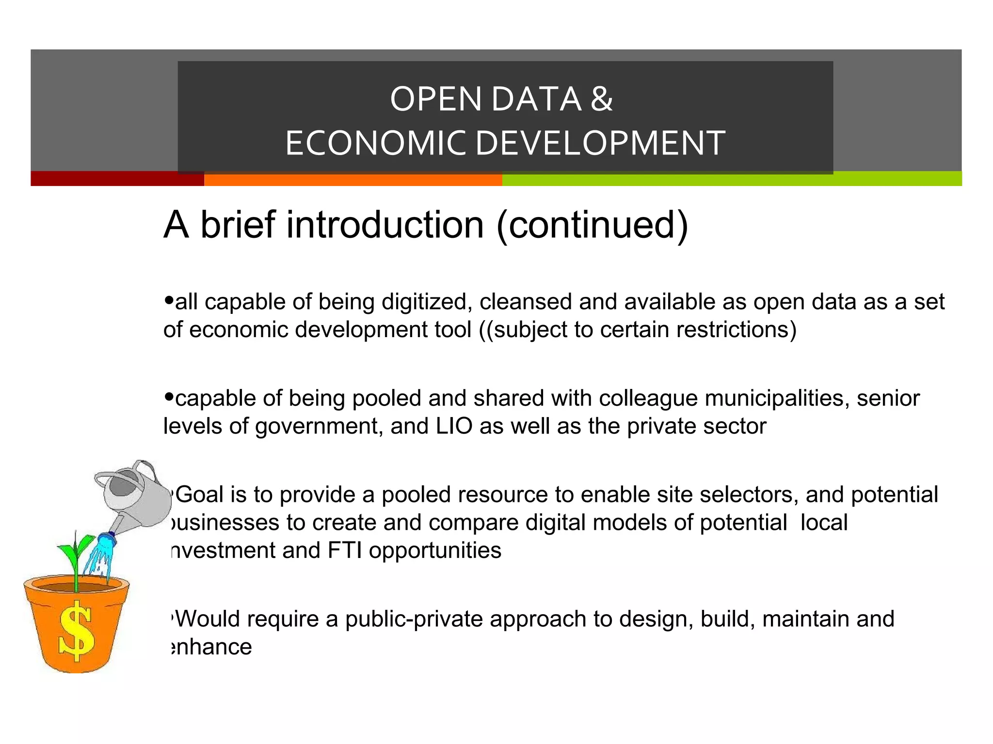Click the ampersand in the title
click(602, 99)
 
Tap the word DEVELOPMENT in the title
click(600, 143)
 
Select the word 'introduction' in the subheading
click(385, 225)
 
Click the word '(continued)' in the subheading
click(592, 226)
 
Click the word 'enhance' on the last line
click(212, 647)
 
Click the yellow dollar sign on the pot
click(76, 631)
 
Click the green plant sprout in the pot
click(76, 557)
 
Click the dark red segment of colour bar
click(117, 179)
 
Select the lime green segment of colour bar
click(732, 179)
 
